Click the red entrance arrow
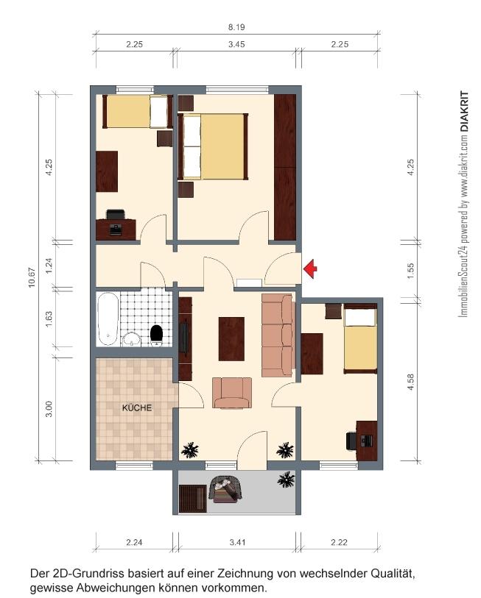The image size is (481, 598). pyautogui.click(x=310, y=268)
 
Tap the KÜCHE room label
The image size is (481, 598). pyautogui.click(x=137, y=407)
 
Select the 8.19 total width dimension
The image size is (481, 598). pyautogui.click(x=236, y=27)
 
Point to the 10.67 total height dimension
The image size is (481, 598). pyautogui.click(x=32, y=277)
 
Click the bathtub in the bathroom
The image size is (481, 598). pyautogui.click(x=108, y=318)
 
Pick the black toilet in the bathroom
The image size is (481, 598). pyautogui.click(x=156, y=335)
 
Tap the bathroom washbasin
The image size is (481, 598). pyautogui.click(x=132, y=338)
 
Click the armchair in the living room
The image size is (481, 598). pyautogui.click(x=232, y=393)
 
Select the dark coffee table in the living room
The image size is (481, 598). pyautogui.click(x=231, y=339)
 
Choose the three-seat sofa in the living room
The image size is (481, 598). pyautogui.click(x=278, y=335)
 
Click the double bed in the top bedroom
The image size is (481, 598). pyautogui.click(x=213, y=146)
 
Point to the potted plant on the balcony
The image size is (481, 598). pyautogui.click(x=286, y=480)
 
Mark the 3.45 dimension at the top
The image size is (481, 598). pyautogui.click(x=236, y=44)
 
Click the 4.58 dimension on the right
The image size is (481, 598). pyautogui.click(x=410, y=382)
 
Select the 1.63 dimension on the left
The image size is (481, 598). pyautogui.click(x=49, y=319)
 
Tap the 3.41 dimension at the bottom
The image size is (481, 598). pyautogui.click(x=237, y=542)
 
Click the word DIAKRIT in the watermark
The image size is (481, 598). pyautogui.click(x=464, y=111)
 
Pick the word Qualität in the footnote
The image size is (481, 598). pyautogui.click(x=393, y=573)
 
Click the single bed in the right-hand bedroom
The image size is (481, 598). pyautogui.click(x=360, y=338)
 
